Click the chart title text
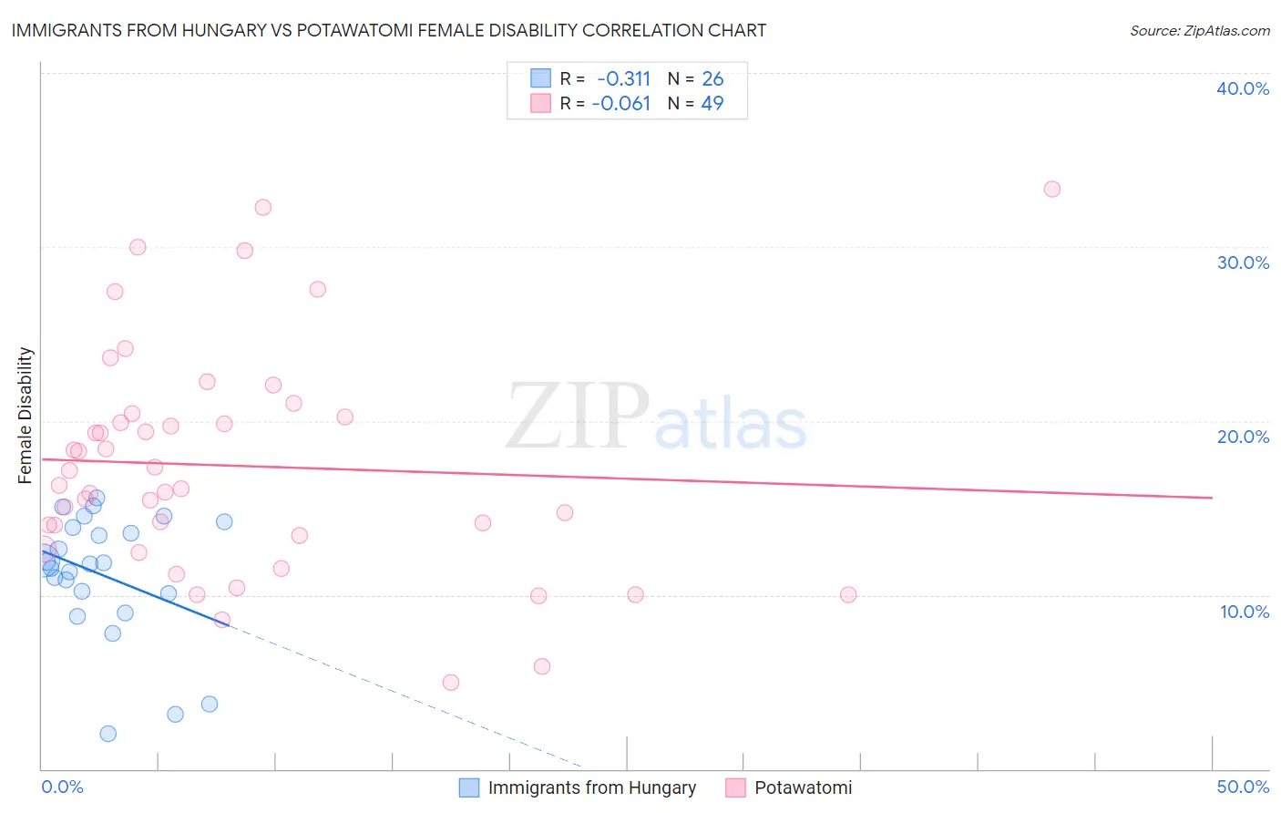pos(388,30)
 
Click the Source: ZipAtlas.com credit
pos(1199,31)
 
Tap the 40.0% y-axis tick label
pos(1242,88)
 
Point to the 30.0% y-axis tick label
pos(1242,262)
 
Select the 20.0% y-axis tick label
pos(1242,437)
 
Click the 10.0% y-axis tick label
pos(1244,612)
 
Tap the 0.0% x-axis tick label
pos(62,787)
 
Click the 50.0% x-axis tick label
pos(1242,787)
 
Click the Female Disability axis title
pos(26,415)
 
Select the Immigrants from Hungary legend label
pos(591,787)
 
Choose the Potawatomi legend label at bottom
pos(803,787)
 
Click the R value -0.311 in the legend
pos(623,79)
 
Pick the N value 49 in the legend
pos(712,104)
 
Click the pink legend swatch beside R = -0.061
pos(540,104)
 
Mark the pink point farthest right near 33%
pos(1051,190)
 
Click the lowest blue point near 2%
pos(108,734)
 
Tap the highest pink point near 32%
pos(262,207)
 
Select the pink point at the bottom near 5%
pos(450,683)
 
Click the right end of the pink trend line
pos(1212,498)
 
